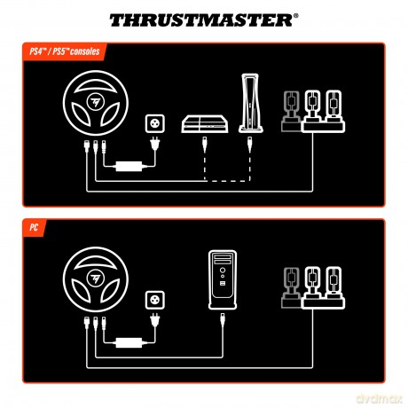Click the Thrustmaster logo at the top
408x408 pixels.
pyautogui.click(x=204, y=20)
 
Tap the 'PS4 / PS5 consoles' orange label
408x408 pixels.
pyautogui.click(x=65, y=51)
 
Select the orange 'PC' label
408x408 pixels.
pyautogui.click(x=34, y=228)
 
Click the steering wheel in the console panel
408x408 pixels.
pyautogui.click(x=96, y=103)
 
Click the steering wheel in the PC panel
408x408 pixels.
pyautogui.click(x=96, y=279)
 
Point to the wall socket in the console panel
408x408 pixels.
pyautogui.click(x=155, y=123)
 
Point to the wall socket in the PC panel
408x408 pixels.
pyautogui.click(x=155, y=300)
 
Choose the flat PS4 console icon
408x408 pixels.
pyautogui.click(x=205, y=124)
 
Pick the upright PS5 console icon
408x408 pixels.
pyautogui.click(x=251, y=103)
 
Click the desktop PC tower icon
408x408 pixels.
pyautogui.click(x=223, y=279)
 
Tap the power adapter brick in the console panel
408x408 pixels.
pyautogui.click(x=129, y=166)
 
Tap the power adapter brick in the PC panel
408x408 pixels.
pyautogui.click(x=129, y=342)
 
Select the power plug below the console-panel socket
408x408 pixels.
pyautogui.click(x=155, y=144)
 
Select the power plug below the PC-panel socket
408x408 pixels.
pyautogui.click(x=155, y=320)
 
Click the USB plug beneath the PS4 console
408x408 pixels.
pyautogui.click(x=204, y=145)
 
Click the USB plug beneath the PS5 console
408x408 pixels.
pyautogui.click(x=250, y=145)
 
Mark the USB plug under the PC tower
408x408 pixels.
pyautogui.click(x=223, y=320)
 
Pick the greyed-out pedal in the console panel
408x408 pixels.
pyautogui.click(x=291, y=111)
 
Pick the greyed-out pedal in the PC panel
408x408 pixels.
pyautogui.click(x=291, y=287)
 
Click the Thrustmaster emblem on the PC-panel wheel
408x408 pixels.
pyautogui.click(x=96, y=279)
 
